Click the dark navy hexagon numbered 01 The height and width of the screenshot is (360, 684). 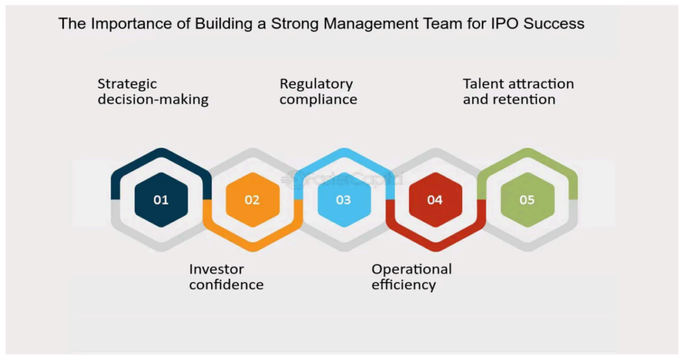[x=161, y=200]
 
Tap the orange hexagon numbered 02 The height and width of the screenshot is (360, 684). [x=252, y=200]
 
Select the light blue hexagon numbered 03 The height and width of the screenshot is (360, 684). [x=344, y=200]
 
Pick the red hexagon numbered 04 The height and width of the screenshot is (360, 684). [x=436, y=200]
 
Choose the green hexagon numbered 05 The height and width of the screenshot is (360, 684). [x=528, y=200]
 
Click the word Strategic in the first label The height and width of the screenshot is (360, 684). [x=127, y=84]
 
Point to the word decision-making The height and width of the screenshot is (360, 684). [x=153, y=100]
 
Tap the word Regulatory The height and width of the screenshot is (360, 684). [x=316, y=84]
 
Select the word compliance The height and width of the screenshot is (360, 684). [x=319, y=100]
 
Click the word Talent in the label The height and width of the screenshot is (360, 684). [x=482, y=83]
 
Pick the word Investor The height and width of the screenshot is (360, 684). [x=216, y=269]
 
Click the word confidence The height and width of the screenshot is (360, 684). [x=226, y=285]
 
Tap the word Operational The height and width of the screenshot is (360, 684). [x=411, y=270]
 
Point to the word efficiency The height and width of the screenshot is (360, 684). [x=404, y=285]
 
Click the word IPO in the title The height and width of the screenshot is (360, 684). [x=505, y=23]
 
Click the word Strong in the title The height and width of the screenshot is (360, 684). [x=295, y=24]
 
